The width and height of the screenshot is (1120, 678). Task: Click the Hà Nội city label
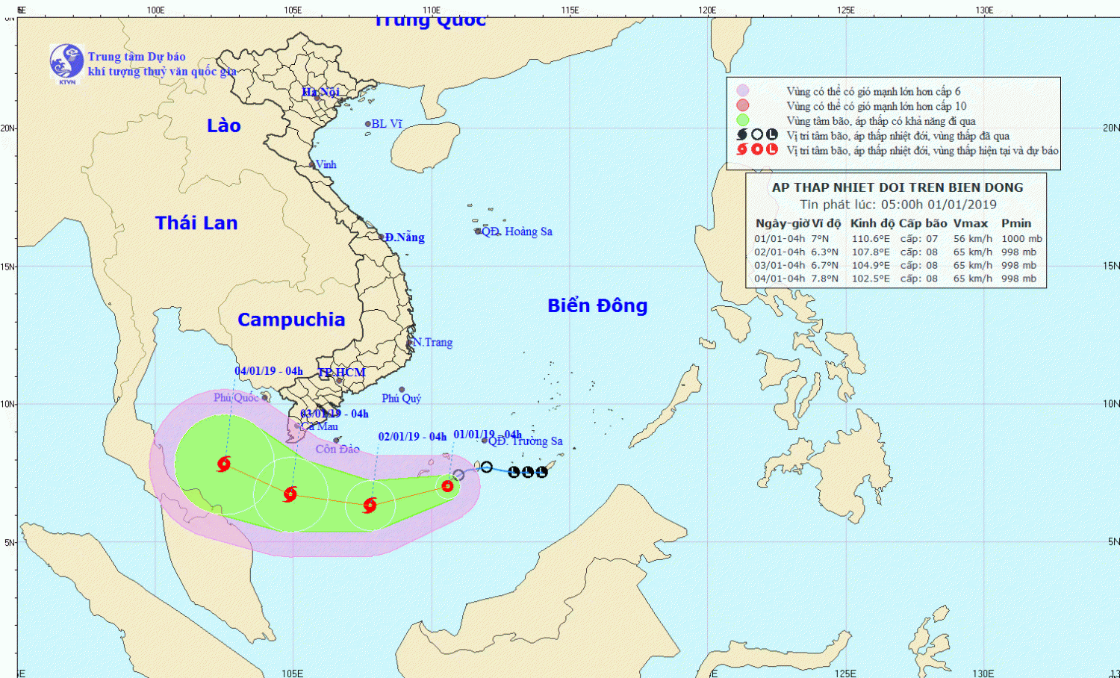tap(320, 92)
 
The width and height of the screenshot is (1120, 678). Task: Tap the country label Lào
tap(223, 125)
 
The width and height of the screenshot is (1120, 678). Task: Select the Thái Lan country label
tap(196, 223)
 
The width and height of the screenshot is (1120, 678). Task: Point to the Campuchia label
tap(291, 320)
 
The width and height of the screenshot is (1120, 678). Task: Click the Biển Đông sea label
tap(597, 305)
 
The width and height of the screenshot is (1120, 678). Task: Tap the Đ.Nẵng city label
tap(405, 237)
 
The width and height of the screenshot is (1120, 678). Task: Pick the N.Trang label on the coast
tap(433, 342)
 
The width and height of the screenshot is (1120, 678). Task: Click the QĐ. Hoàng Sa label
tap(517, 231)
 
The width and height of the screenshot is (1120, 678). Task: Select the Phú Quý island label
tap(402, 398)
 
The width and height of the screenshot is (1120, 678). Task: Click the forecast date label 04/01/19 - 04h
tap(269, 371)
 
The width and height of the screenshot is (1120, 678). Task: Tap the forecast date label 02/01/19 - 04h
tap(412, 437)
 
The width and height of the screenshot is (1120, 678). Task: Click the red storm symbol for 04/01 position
tap(223, 464)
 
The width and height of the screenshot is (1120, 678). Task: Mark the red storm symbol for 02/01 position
tap(370, 506)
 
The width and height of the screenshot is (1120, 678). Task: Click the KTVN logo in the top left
tap(66, 63)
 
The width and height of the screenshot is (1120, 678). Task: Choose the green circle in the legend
tap(742, 120)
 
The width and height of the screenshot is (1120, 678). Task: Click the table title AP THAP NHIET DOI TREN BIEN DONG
tap(897, 187)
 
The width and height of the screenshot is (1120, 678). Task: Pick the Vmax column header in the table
tap(970, 223)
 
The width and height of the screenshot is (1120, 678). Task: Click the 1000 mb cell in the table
tap(1021, 239)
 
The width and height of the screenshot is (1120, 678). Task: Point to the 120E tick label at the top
tap(707, 10)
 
